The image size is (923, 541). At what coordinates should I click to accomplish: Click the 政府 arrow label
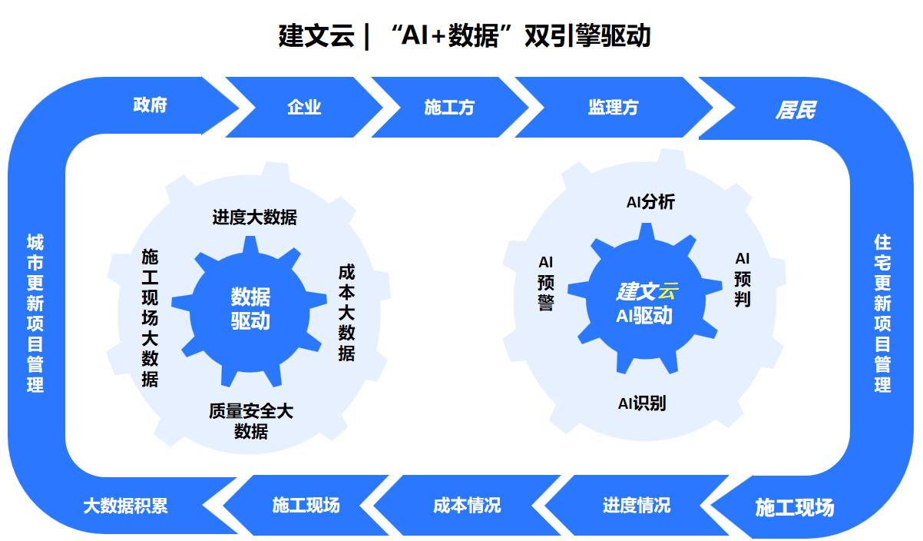click(150, 105)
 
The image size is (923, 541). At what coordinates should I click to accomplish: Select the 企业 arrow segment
click(304, 108)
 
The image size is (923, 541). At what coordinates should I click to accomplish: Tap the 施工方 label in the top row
click(449, 108)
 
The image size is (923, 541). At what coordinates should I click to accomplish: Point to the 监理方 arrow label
click(613, 108)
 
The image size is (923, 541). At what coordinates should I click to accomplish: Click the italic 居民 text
click(794, 111)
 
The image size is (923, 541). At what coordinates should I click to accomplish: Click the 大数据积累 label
click(125, 506)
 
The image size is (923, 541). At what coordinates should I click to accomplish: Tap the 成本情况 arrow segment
click(467, 505)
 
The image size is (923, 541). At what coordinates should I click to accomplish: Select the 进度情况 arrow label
click(636, 505)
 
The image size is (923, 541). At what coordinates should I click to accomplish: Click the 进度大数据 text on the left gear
click(254, 217)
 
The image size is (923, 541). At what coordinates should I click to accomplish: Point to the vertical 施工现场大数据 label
click(151, 317)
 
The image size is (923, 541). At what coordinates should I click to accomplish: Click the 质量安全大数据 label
click(251, 420)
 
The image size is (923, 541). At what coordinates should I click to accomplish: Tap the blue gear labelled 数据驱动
click(250, 309)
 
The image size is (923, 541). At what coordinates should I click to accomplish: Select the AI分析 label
click(650, 202)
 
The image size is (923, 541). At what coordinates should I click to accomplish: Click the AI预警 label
click(546, 284)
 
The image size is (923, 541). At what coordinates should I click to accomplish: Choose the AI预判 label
click(742, 279)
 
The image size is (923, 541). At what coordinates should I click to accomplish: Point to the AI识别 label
click(642, 403)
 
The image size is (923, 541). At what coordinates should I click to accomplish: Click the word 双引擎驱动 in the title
click(587, 36)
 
